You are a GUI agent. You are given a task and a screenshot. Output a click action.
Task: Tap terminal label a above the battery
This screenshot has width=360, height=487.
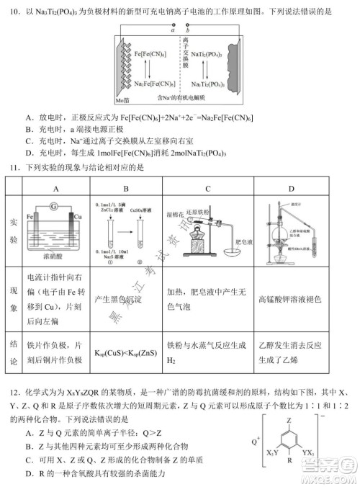tap(173, 31)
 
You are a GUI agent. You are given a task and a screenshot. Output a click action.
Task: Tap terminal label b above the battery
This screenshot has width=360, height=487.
tap(188, 31)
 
